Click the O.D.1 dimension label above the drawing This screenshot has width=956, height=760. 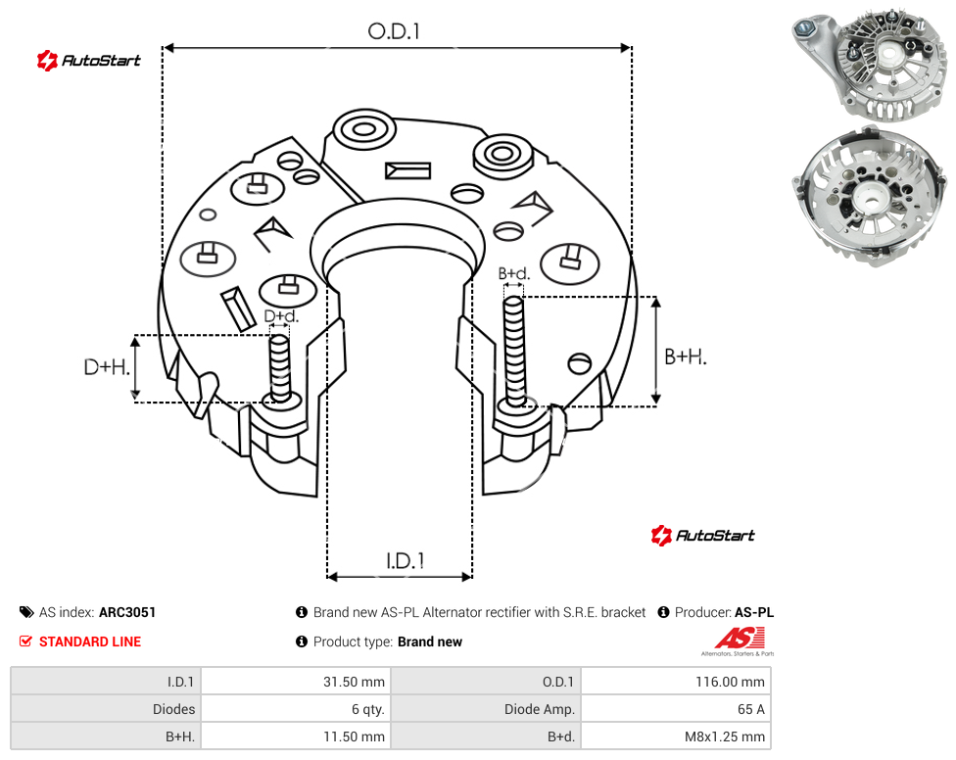tap(394, 31)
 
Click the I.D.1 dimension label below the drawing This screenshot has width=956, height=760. tap(406, 561)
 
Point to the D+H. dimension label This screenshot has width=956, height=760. tap(107, 367)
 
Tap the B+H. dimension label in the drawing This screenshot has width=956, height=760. tap(686, 356)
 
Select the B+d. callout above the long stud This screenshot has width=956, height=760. tap(514, 273)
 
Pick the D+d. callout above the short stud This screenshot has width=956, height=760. tap(281, 316)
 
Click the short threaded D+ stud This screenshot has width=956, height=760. tap(280, 368)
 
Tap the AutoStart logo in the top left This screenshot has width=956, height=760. tap(88, 61)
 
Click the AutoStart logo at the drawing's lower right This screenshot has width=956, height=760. tap(702, 535)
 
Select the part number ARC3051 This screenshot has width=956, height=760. tap(127, 612)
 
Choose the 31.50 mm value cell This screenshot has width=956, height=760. tap(296, 682)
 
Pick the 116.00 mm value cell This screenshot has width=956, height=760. tap(676, 682)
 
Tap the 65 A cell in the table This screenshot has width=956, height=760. tap(676, 709)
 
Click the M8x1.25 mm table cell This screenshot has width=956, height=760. tap(676, 736)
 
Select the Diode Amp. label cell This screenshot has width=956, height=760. tap(486, 709)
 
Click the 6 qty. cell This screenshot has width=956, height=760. tap(296, 709)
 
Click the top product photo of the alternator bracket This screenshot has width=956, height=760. tap(870, 66)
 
